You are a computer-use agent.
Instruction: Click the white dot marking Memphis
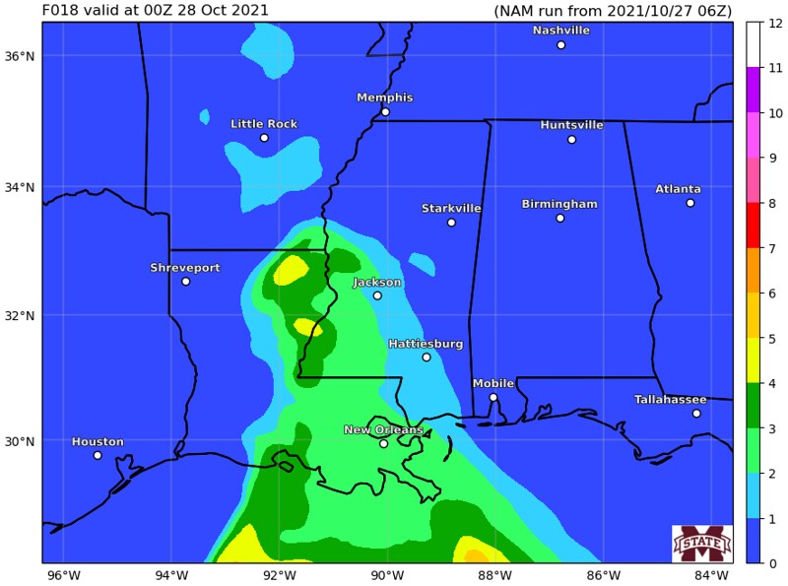pos(385,112)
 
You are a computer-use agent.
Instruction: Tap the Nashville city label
pos(560,31)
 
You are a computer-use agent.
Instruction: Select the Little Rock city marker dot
pos(264,138)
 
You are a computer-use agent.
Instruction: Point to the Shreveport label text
pos(185,268)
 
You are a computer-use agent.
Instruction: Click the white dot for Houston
pos(98,455)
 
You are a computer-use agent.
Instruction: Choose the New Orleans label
pos(383,430)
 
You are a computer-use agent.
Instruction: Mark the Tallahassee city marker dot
pos(696,414)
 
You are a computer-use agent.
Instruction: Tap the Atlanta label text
pos(679,189)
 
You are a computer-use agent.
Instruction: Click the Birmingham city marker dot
pos(559,218)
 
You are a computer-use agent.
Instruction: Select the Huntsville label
pos(571,125)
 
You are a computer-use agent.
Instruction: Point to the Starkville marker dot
pos(451,223)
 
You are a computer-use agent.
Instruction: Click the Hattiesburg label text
pos(426,344)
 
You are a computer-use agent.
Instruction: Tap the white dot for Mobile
pos(493,398)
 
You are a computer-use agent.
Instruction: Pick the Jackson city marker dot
pos(377,295)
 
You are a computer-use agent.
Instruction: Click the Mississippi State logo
pos(701,544)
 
